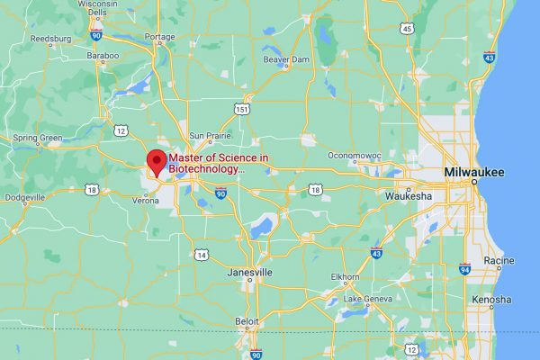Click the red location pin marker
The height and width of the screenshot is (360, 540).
point(157,162)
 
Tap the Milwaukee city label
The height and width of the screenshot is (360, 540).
point(474,172)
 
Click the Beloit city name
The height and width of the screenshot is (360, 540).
point(245,320)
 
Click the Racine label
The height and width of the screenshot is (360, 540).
point(498,260)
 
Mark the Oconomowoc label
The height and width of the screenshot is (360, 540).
point(355,155)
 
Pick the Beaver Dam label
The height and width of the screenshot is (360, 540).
point(286,59)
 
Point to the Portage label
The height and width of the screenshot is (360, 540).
point(160,37)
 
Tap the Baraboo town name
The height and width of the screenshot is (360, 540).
point(102,55)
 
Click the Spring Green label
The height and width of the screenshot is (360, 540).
point(37,138)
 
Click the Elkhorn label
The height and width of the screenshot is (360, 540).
point(345,276)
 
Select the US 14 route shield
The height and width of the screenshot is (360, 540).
point(202,256)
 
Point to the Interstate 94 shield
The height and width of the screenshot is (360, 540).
point(464,268)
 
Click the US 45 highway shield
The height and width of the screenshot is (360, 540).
point(408,29)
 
